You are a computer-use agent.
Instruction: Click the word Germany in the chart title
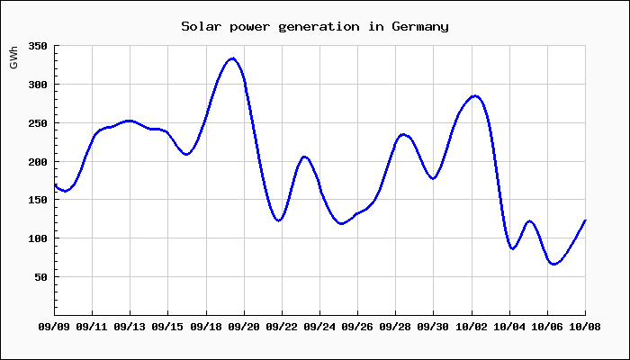tap(420, 26)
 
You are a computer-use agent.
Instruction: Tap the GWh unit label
tap(13, 58)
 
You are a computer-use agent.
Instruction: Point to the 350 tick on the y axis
tap(37, 46)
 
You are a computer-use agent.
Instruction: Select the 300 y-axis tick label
tap(37, 85)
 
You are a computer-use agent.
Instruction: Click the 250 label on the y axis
tap(37, 123)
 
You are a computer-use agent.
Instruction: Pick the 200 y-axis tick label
tap(37, 162)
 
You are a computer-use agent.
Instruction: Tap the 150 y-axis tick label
tap(37, 201)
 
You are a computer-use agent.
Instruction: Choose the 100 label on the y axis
tap(37, 238)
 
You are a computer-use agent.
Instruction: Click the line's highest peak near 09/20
tap(232, 58)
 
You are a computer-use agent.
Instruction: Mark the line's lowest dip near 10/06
tap(553, 264)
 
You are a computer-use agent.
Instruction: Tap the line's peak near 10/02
tap(474, 95)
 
